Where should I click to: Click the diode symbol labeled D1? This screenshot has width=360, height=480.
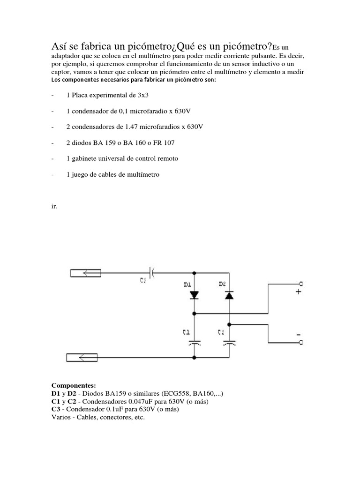click(195, 295)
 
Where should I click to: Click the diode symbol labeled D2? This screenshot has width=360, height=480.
click(229, 295)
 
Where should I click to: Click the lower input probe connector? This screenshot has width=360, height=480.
click(82, 358)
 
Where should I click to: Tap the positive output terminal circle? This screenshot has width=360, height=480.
click(301, 284)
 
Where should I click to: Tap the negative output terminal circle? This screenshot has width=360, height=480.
click(301, 343)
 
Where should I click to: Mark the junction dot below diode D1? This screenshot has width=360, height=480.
click(195, 313)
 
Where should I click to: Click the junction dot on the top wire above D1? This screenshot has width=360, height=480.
click(195, 272)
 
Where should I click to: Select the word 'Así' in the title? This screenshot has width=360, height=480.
click(60, 47)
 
